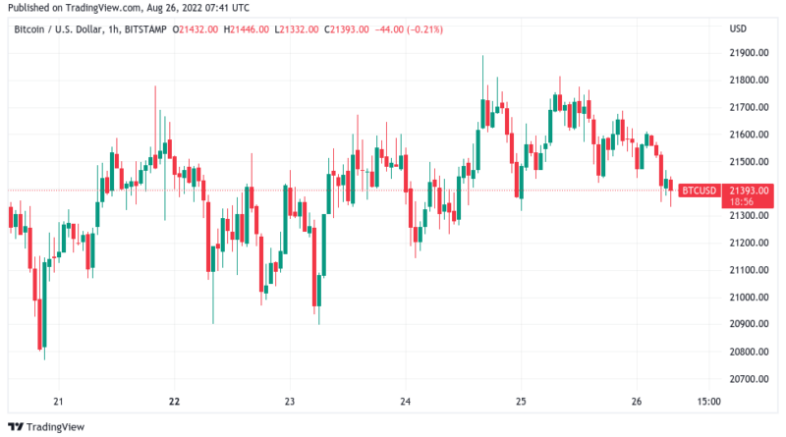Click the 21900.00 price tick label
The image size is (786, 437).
click(x=748, y=52)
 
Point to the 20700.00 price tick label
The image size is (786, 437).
click(x=748, y=378)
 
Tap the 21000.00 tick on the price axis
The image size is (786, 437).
click(x=748, y=297)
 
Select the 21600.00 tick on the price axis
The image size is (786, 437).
click(x=748, y=134)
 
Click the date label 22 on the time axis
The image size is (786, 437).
click(x=174, y=401)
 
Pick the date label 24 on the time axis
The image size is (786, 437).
click(x=406, y=401)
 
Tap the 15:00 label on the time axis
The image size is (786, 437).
click(x=708, y=401)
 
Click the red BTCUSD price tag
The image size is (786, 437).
click(x=699, y=190)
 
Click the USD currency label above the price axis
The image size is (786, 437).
click(x=739, y=27)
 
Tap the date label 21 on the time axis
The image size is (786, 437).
click(x=58, y=401)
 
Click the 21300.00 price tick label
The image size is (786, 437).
click(x=748, y=215)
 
